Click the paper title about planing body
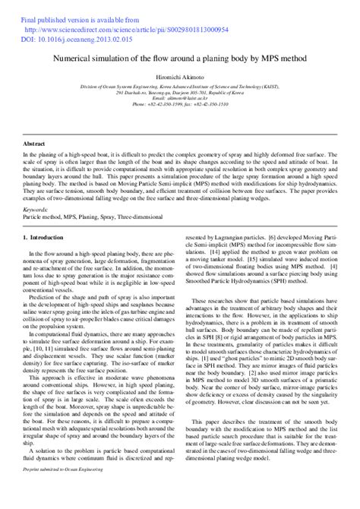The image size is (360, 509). point(180,56)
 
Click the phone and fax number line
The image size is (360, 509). point(180,106)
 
